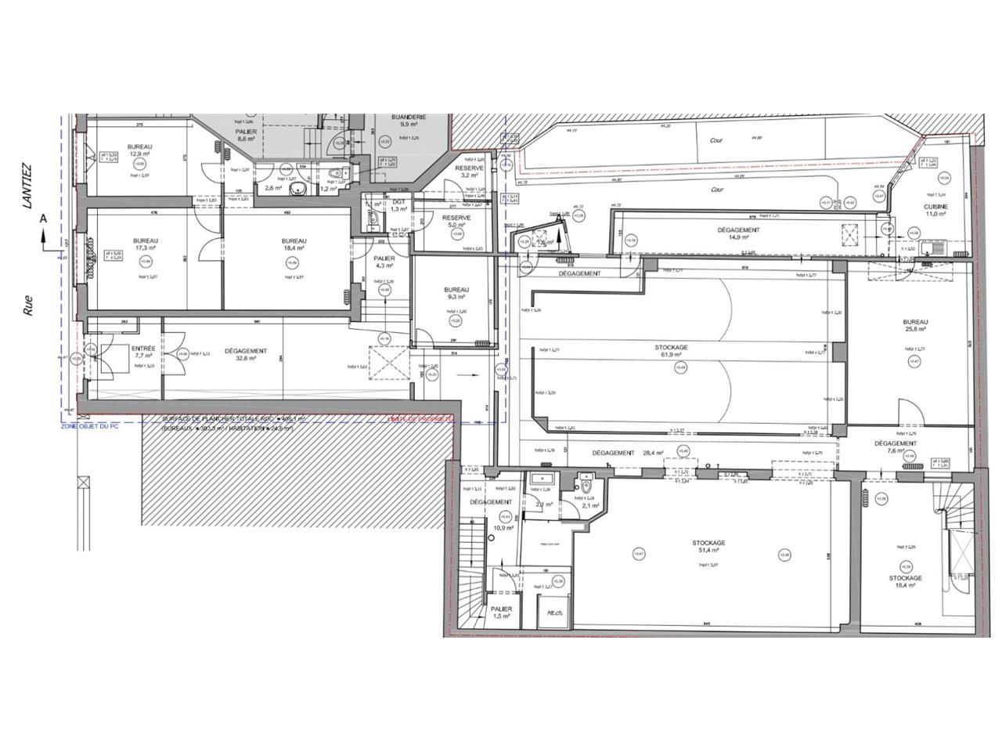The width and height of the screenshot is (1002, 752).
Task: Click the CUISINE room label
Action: (x=935, y=206)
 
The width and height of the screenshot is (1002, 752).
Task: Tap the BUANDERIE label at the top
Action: (x=410, y=117)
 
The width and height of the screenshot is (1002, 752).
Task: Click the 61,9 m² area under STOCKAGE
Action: (x=672, y=354)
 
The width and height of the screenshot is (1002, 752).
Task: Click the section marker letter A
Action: (x=44, y=219)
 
